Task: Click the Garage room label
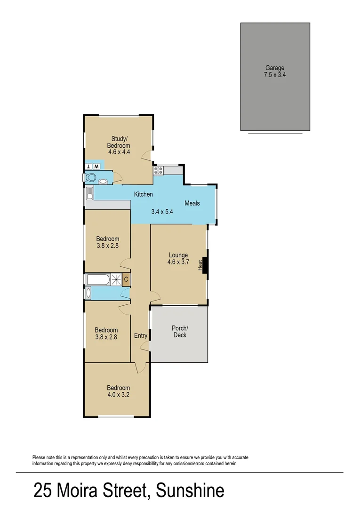tap(274, 68)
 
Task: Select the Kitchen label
tap(143, 194)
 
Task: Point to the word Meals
tap(192, 203)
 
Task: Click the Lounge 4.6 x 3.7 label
tap(178, 259)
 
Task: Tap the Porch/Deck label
tap(180, 332)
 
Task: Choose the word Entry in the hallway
tap(141, 335)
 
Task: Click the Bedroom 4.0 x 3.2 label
tap(118, 391)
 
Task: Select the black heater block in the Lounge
tap(205, 265)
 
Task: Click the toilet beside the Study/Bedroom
tap(91, 177)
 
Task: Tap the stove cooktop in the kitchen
tap(158, 170)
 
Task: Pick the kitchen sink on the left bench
tap(89, 193)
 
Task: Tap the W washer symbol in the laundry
tap(96, 167)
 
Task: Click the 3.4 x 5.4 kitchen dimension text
tap(162, 212)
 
